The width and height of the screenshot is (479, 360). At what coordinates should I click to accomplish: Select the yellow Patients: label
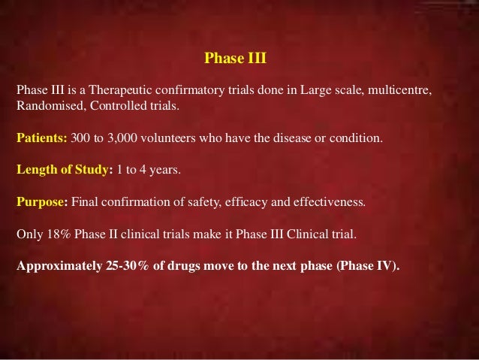42,139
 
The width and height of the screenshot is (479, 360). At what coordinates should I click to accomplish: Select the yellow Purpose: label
43,202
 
